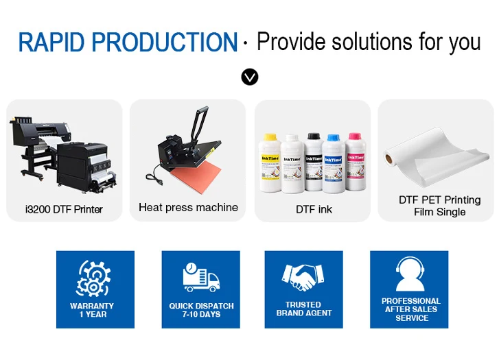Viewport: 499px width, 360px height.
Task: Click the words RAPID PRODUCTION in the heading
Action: (x=128, y=43)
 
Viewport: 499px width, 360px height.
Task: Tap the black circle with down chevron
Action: (x=250, y=77)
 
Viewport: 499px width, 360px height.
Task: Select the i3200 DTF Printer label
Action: (x=63, y=208)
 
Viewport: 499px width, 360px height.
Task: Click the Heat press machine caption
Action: (x=188, y=207)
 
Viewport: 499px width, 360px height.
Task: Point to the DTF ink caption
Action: (x=314, y=209)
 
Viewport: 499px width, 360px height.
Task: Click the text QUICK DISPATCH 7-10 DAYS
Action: (x=201, y=310)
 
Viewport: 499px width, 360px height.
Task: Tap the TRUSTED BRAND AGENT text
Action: (x=303, y=309)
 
